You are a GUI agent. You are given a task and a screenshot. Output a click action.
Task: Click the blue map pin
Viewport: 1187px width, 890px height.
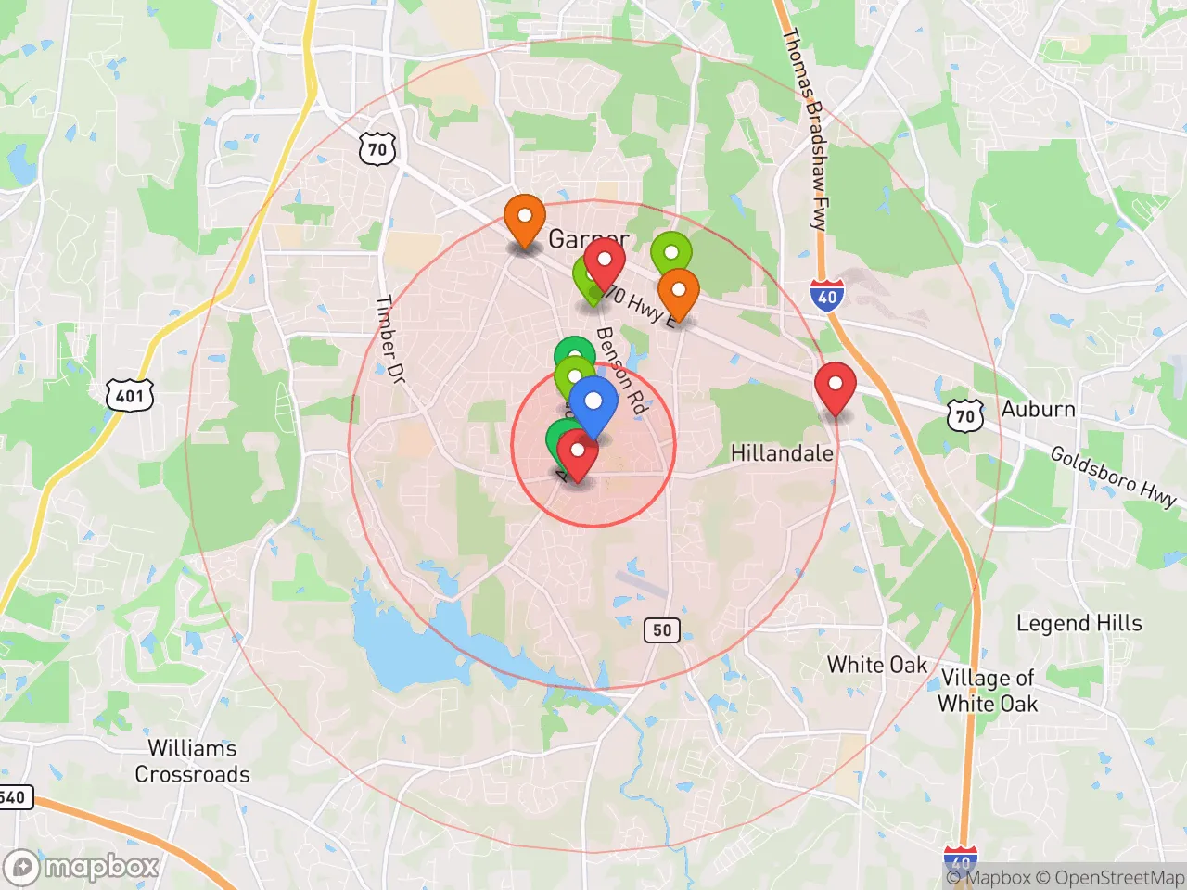point(593,404)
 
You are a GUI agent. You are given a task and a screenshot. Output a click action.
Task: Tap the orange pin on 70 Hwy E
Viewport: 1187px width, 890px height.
point(678,291)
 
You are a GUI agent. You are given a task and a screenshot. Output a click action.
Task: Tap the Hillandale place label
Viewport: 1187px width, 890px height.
point(782,453)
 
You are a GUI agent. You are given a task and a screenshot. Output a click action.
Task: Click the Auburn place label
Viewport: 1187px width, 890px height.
point(1038,410)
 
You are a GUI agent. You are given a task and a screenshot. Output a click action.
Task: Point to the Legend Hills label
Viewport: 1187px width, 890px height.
point(1079,623)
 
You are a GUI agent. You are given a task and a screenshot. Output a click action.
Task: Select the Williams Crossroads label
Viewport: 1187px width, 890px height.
point(192,761)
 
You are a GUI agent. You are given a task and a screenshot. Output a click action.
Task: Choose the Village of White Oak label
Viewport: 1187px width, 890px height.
point(988,691)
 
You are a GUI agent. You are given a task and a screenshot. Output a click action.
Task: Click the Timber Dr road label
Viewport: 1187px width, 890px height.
point(389,339)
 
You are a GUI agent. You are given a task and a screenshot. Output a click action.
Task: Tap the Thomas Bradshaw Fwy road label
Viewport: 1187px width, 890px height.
point(804,129)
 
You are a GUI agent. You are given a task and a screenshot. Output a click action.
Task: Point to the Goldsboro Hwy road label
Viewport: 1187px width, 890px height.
point(1113,476)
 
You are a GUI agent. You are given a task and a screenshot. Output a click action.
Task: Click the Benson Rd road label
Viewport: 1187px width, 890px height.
point(620,369)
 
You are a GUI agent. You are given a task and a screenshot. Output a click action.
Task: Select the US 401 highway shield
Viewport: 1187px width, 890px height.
point(129,397)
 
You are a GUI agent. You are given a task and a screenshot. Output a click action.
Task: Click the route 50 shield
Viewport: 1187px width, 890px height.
point(661,630)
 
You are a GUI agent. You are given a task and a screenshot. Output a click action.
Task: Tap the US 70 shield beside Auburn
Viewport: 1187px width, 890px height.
point(965,415)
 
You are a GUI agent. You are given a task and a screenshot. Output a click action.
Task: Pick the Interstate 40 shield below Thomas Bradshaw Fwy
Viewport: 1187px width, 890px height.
point(826,297)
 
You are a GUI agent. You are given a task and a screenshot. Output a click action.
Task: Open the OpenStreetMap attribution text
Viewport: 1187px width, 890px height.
point(1109,877)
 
